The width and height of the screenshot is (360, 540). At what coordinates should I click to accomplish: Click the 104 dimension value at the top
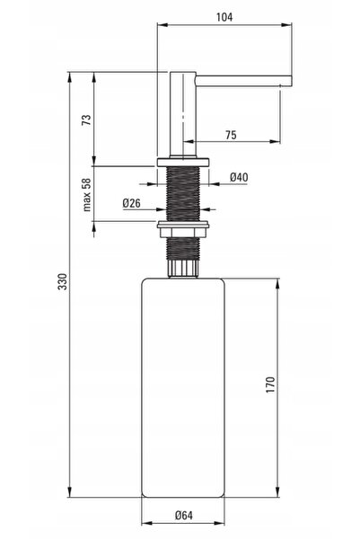pos(224,17)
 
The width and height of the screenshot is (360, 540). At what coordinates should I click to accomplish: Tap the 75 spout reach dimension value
pos(232,135)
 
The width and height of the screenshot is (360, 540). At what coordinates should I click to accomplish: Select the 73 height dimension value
pos(87,120)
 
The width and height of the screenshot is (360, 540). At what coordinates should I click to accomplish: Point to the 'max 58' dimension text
pos(87,195)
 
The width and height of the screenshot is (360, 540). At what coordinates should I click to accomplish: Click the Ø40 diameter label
pos(239,177)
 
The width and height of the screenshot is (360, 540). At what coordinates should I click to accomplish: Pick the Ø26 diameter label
pos(131,203)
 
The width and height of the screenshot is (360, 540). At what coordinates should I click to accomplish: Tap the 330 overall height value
pos(63,281)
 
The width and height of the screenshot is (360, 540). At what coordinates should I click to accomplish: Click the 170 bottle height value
pos(271,385)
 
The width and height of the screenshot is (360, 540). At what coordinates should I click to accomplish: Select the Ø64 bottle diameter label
pos(184,515)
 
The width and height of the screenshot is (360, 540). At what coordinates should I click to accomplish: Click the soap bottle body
pos(183,388)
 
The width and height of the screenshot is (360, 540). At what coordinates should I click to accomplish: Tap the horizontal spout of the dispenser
pos(243,81)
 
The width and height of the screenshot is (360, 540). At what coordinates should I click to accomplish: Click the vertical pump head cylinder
pos(182,115)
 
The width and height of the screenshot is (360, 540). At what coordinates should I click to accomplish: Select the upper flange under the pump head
pos(183,163)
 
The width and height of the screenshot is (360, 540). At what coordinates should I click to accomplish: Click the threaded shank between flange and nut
pos(183,194)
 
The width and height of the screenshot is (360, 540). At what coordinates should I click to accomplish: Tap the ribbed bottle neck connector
pos(183,269)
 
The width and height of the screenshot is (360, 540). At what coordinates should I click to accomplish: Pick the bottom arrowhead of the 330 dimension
pos(70,491)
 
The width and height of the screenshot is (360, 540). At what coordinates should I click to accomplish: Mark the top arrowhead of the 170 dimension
pos(277,284)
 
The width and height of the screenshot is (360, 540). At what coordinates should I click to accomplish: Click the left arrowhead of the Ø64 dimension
pos(147,524)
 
